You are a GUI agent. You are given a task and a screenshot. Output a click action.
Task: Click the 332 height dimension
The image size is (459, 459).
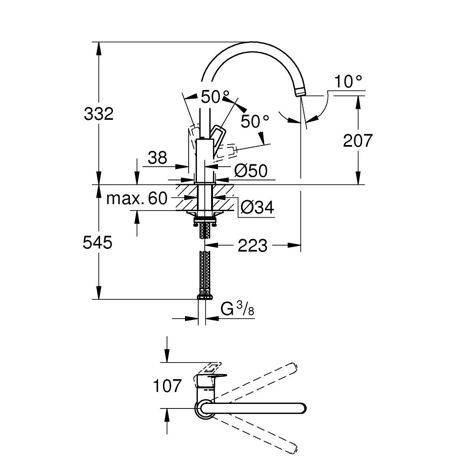pos(99,114)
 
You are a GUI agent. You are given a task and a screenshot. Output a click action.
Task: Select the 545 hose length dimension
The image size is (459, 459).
pos(97,243)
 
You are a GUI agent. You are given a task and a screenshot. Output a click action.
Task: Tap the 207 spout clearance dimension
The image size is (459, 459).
pos(358,140)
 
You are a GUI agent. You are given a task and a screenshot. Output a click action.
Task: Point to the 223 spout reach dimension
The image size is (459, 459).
pos(252,246)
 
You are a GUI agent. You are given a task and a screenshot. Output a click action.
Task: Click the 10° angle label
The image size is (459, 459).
pos(348,81)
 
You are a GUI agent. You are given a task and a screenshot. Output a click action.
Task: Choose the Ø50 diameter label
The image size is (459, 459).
pos(251,171)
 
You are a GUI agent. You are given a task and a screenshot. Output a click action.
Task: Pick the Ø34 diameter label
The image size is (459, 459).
pos(257,207)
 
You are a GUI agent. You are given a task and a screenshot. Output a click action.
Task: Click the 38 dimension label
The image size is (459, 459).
pos(157,158)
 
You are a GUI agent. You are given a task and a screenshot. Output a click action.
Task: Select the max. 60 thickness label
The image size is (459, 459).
pos(137,198)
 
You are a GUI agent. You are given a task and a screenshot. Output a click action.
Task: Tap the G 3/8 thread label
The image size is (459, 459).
pos(237,309)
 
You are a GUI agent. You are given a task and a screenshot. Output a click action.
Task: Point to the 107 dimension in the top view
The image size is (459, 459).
pos(168,386)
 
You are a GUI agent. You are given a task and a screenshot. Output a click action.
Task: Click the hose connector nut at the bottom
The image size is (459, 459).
pos(205,297)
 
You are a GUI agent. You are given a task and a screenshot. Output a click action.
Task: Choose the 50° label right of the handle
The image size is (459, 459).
pos(255,121)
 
